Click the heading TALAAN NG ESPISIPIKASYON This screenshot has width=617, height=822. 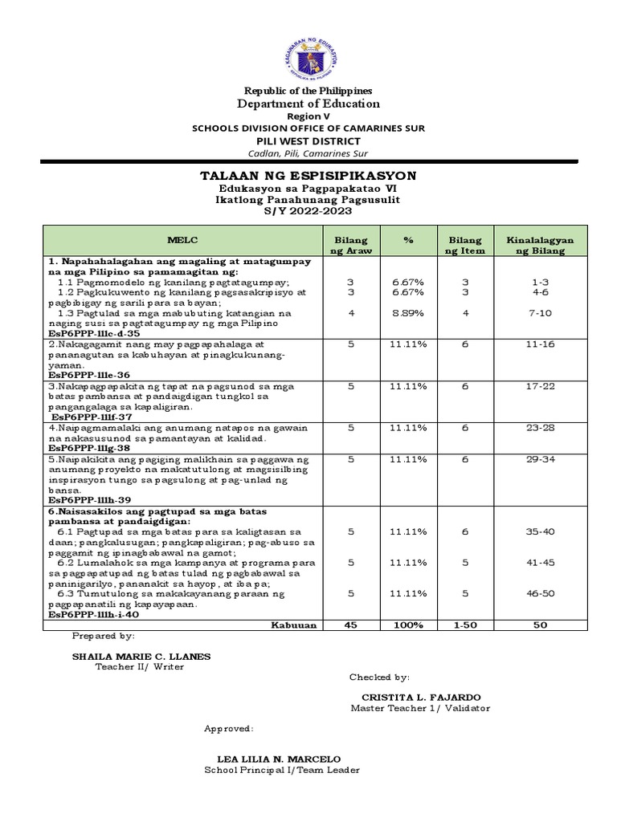pyautogui.click(x=309, y=176)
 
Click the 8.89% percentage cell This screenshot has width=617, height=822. pyautogui.click(x=408, y=312)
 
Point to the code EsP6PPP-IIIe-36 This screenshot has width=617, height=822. pyautogui.click(x=89, y=374)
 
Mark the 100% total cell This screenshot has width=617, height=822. pyautogui.click(x=408, y=625)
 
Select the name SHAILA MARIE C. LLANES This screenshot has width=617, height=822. pyautogui.click(x=141, y=656)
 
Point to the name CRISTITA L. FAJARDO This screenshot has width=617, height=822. pyautogui.click(x=415, y=698)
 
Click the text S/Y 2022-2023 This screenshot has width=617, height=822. pyautogui.click(x=308, y=210)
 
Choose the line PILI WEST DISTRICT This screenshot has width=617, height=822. pyautogui.click(x=309, y=141)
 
